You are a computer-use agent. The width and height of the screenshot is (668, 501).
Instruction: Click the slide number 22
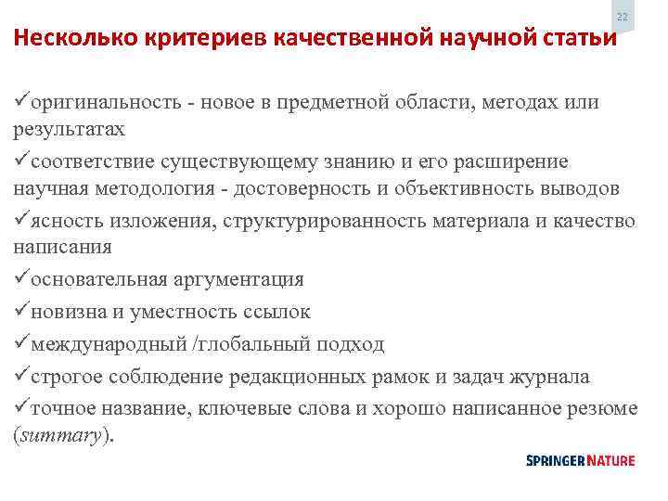click(x=623, y=18)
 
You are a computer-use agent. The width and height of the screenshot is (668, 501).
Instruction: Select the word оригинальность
click(x=96, y=102)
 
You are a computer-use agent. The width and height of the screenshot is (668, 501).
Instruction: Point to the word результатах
click(x=69, y=128)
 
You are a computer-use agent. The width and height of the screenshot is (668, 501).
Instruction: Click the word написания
click(x=62, y=247)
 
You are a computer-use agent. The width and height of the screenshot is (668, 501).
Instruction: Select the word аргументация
click(x=238, y=279)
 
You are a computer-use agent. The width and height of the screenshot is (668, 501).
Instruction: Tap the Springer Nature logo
click(x=581, y=460)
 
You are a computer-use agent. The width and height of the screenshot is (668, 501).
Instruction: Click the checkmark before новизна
click(x=22, y=312)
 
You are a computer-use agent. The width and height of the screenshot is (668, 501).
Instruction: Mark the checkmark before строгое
click(x=22, y=377)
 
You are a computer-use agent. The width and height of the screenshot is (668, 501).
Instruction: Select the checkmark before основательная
click(x=22, y=279)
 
